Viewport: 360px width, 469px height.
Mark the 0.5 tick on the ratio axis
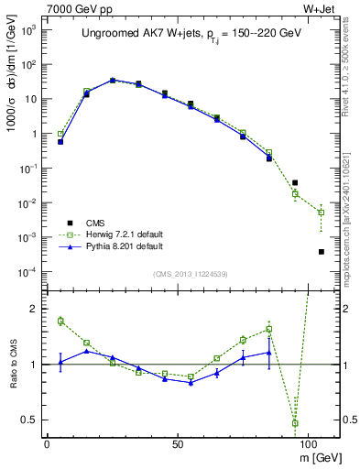(29, 420)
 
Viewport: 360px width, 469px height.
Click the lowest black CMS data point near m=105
(321, 252)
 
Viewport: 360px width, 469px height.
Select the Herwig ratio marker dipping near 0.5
(295, 423)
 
